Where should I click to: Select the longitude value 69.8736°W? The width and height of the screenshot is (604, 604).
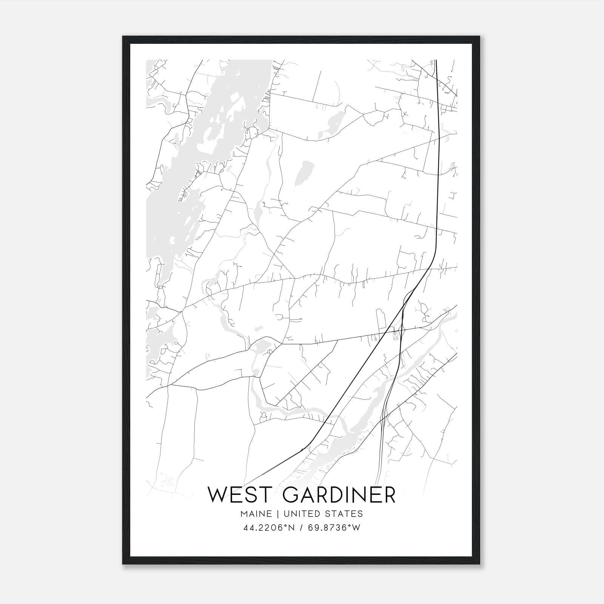click(x=334, y=528)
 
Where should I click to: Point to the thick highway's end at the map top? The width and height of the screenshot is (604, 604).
click(x=436, y=60)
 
